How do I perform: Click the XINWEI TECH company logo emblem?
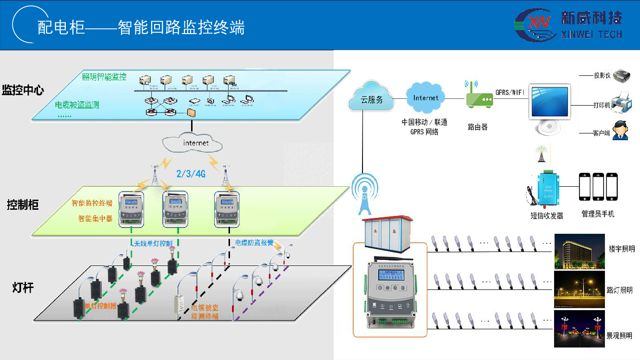pos(534,25)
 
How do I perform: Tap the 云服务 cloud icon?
pos(372,98)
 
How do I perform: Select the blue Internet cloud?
pos(426,98)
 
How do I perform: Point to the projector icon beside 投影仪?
pos(621,75)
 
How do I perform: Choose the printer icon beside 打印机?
pos(621,102)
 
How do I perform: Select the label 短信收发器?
pos(547,216)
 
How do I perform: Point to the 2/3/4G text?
pos(191,174)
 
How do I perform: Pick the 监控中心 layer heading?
pos(23,90)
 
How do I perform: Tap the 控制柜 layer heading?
pos(23,205)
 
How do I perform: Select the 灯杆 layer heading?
pos(23,288)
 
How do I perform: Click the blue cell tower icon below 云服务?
pos(365,194)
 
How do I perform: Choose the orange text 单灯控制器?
pos(100,306)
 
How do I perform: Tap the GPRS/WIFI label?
pos(510,91)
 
